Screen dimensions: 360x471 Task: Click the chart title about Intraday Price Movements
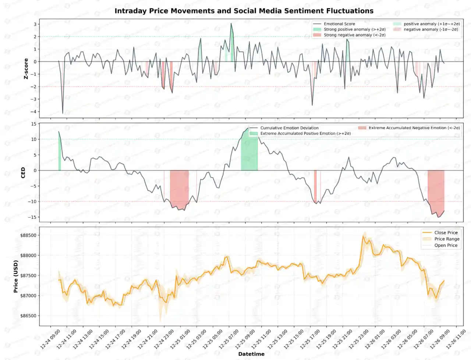[244, 11]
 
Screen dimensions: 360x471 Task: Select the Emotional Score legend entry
[339, 24]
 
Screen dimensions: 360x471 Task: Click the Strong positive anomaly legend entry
[354, 29]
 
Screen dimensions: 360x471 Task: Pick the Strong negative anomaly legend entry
[354, 35]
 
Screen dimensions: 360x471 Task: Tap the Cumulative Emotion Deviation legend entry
[289, 128]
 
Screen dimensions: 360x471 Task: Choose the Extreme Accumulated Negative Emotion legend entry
[414, 128]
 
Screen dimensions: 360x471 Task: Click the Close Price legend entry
[446, 233]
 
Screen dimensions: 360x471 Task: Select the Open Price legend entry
[446, 245]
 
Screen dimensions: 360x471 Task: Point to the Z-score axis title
[26, 69]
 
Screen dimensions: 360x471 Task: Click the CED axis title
[23, 173]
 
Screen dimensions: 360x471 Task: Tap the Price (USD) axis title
[16, 277]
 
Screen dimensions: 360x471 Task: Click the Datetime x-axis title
[251, 354]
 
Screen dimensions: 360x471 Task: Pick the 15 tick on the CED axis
[34, 124]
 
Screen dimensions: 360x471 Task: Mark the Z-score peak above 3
[231, 24]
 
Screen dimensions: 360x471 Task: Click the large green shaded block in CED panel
[249, 153]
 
